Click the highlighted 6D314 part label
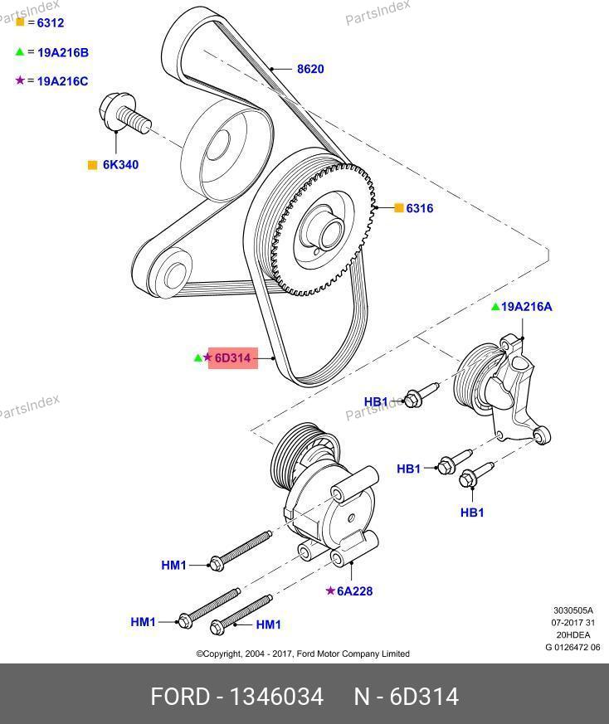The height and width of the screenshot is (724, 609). [232, 358]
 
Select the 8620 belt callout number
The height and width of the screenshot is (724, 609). [310, 69]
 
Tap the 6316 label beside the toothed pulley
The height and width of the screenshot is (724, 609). [420, 208]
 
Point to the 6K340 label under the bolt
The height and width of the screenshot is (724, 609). [120, 165]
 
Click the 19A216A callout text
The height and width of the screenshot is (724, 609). [527, 306]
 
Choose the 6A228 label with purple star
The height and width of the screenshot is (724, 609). [355, 591]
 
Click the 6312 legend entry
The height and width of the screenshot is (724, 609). [45, 23]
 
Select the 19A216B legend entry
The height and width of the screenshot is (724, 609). [62, 52]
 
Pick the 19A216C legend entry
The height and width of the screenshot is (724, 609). [62, 81]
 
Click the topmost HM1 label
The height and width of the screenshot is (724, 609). [173, 566]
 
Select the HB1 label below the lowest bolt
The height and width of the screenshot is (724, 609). [472, 513]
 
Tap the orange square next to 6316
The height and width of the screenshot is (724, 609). [398, 208]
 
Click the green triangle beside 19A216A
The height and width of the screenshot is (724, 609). [495, 307]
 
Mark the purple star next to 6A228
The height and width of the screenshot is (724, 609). [330, 591]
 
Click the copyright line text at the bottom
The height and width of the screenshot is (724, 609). [303, 654]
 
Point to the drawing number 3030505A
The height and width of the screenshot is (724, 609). [573, 611]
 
